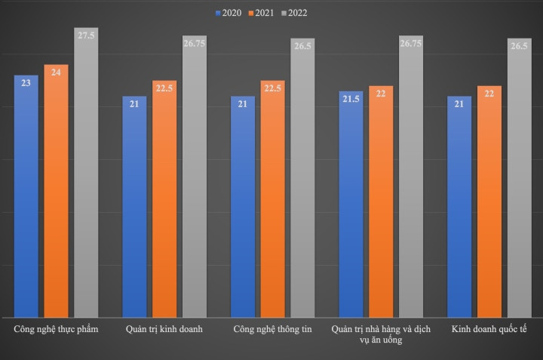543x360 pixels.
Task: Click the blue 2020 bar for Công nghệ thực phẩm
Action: click(26, 196)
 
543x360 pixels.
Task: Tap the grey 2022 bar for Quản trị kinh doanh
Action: click(195, 177)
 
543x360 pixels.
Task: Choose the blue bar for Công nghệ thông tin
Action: click(243, 207)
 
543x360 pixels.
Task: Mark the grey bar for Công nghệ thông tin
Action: click(302, 177)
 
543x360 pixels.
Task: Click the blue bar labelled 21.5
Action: click(351, 204)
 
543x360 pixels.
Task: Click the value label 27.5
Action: click(86, 35)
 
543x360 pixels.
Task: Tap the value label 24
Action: click(56, 72)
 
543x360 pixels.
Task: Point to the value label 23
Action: click(26, 83)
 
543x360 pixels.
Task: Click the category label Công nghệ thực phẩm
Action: click(56, 330)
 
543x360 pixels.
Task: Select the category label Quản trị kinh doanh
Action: click(164, 330)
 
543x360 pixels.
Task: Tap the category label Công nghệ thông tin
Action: click(272, 330)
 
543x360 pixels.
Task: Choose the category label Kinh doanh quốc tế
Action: click(489, 330)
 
